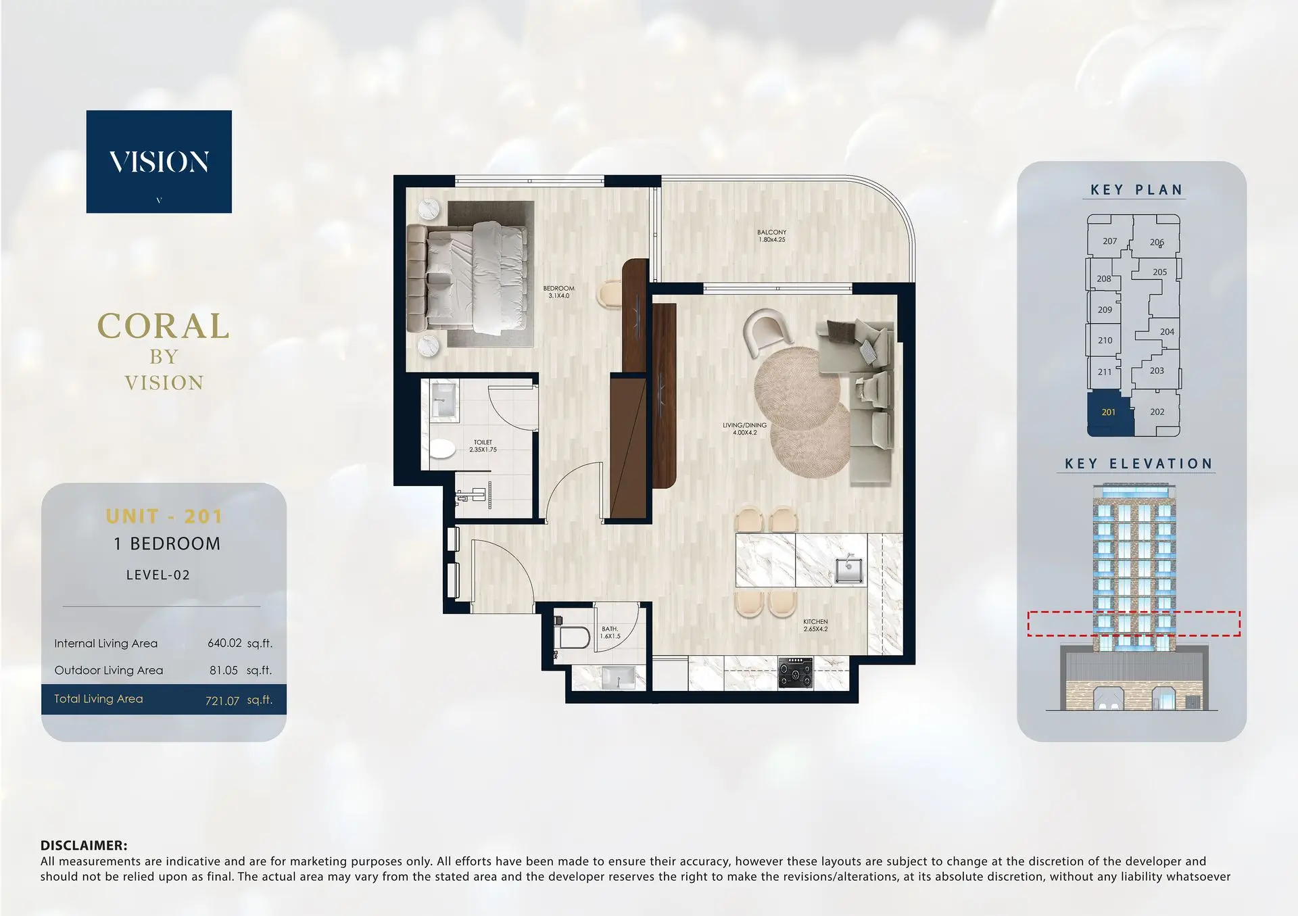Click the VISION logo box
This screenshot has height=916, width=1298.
[x=159, y=162]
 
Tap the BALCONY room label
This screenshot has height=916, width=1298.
[x=771, y=236]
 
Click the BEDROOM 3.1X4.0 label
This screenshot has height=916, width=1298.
[x=558, y=292]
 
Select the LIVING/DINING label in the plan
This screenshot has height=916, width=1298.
[x=744, y=429]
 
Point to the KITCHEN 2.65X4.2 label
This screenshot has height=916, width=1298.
[x=815, y=625]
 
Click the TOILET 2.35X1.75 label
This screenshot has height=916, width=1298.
[x=483, y=445]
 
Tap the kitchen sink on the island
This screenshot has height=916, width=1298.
[x=848, y=568]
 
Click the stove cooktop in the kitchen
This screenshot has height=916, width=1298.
[x=795, y=673]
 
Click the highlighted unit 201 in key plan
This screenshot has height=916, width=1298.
[x=1109, y=412]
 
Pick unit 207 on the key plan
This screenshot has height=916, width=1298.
[x=1109, y=241]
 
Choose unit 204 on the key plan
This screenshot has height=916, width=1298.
[x=1167, y=332]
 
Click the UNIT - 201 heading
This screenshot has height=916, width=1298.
[x=164, y=516]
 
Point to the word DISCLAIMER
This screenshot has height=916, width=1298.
[x=84, y=845]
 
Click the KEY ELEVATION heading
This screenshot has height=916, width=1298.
[x=1138, y=464]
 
